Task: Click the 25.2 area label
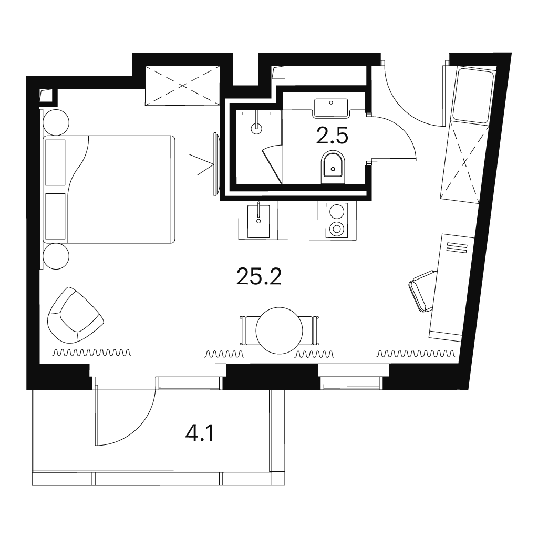(259, 276)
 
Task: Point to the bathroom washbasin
(331, 108)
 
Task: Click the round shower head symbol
(256, 128)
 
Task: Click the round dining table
(280, 330)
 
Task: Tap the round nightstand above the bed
(56, 122)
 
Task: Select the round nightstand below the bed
(56, 256)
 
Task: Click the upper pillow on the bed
(55, 163)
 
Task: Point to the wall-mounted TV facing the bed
(216, 164)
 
